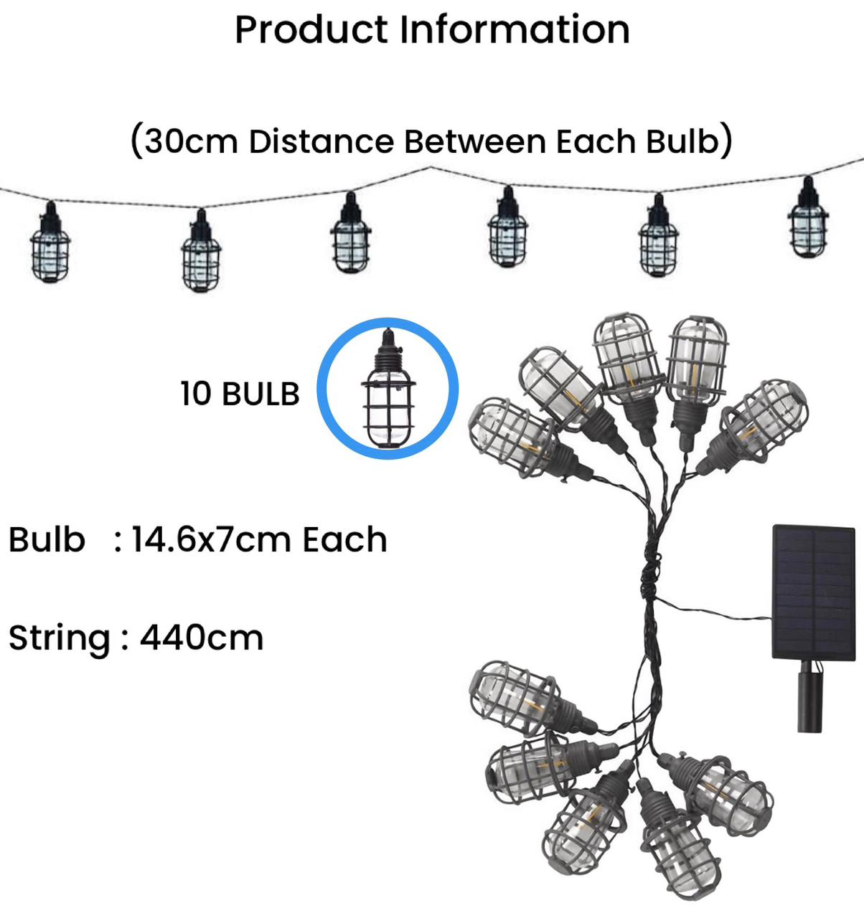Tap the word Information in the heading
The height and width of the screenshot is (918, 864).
[x=515, y=29]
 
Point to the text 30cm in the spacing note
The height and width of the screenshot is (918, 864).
[x=191, y=141]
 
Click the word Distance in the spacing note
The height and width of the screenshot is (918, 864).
[x=321, y=141]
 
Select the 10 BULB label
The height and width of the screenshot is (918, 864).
[x=240, y=394]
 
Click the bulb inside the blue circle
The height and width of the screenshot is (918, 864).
[x=388, y=390]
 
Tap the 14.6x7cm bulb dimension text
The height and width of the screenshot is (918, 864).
[x=213, y=540]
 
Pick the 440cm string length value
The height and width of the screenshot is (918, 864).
[x=202, y=638]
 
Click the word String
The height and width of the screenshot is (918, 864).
[x=59, y=638]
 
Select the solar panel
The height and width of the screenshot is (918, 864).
[x=814, y=592]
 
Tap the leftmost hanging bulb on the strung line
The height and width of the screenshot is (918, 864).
[x=50, y=244]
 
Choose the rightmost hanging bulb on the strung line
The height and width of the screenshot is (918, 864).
[x=808, y=219]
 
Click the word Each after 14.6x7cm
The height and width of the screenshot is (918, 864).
[x=344, y=540]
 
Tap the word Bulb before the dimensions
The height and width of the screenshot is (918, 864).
[x=47, y=540]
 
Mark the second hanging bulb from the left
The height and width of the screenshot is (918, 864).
[x=201, y=252]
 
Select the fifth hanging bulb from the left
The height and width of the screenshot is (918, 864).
[x=658, y=237]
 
